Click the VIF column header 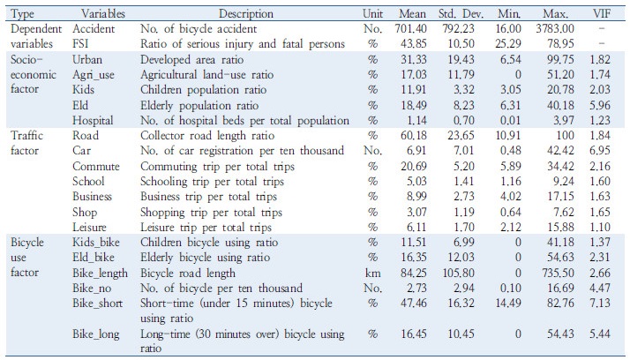pyautogui.click(x=602, y=14)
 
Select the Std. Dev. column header pyautogui.click(x=461, y=14)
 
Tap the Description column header pyautogui.click(x=246, y=14)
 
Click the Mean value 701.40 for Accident pyautogui.click(x=410, y=29)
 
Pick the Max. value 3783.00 pyautogui.click(x=555, y=29)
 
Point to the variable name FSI pyautogui.click(x=80, y=44)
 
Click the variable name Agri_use pyautogui.click(x=94, y=75)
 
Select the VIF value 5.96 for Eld pyautogui.click(x=600, y=105)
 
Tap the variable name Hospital pyautogui.click(x=93, y=121)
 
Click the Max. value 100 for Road pyautogui.click(x=566, y=135)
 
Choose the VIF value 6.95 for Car pyautogui.click(x=600, y=151)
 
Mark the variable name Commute pyautogui.click(x=95, y=167)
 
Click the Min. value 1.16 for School pyautogui.click(x=511, y=182)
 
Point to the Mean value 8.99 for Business pyautogui.click(x=416, y=197)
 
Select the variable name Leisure pyautogui.click(x=89, y=228)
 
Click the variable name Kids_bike pyautogui.click(x=95, y=243)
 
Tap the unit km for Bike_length pyautogui.click(x=372, y=274)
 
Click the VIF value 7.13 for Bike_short pyautogui.click(x=600, y=303)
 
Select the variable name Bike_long pyautogui.click(x=95, y=334)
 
